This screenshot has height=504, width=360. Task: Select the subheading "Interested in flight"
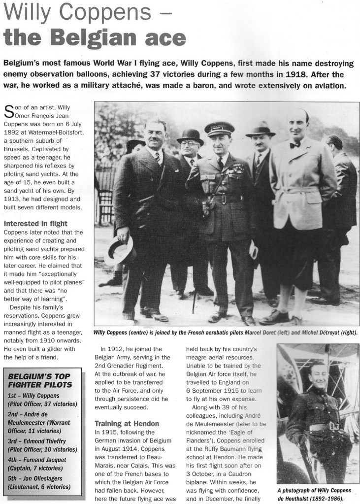[x=35, y=223]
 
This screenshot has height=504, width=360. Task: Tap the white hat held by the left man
[x=120, y=250]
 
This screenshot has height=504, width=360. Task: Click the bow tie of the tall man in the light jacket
[x=294, y=145]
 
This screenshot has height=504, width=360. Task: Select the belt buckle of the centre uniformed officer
[x=223, y=200]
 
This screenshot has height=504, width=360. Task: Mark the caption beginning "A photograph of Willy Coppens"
[x=314, y=493]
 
